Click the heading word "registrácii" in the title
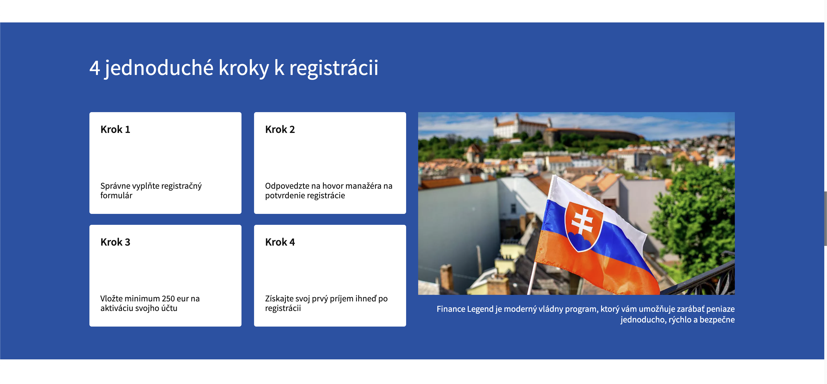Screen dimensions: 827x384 [334, 68]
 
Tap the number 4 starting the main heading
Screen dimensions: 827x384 [95, 68]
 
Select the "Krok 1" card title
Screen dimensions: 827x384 [115, 129]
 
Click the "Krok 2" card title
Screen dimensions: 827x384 [280, 129]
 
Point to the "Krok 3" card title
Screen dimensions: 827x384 [115, 242]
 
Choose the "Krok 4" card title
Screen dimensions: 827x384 [280, 242]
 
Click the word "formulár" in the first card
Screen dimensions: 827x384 [116, 196]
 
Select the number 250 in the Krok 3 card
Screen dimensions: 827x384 [168, 299]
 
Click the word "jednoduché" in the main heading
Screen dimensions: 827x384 [159, 68]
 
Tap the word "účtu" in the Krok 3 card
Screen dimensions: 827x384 [169, 308]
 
